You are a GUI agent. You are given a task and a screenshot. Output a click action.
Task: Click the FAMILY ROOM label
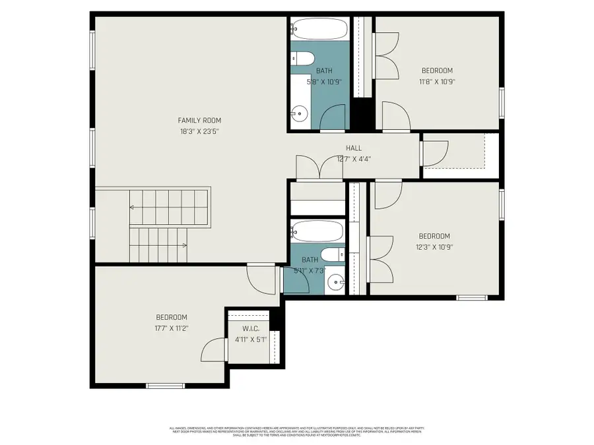pyautogui.click(x=199, y=120)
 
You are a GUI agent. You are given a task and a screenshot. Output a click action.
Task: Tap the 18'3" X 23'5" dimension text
pyautogui.click(x=199, y=131)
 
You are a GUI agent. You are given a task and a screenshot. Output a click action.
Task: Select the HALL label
pyautogui.click(x=354, y=148)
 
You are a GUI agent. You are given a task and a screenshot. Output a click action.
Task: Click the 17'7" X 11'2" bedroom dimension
pyautogui.click(x=172, y=328)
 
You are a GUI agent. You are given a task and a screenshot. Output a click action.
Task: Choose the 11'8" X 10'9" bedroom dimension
pyautogui.click(x=437, y=82)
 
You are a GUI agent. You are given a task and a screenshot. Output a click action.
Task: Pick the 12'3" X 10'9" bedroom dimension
pyautogui.click(x=434, y=247)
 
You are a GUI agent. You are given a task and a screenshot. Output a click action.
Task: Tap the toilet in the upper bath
pyautogui.click(x=303, y=59)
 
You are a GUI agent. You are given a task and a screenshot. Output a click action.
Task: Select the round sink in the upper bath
pyautogui.click(x=300, y=113)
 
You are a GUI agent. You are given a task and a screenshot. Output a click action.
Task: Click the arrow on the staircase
pyautogui.click(x=133, y=207)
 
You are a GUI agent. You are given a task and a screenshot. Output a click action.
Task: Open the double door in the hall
pyautogui.click(x=319, y=167)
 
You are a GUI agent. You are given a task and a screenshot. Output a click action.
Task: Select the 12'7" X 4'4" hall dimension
pyautogui.click(x=354, y=159)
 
